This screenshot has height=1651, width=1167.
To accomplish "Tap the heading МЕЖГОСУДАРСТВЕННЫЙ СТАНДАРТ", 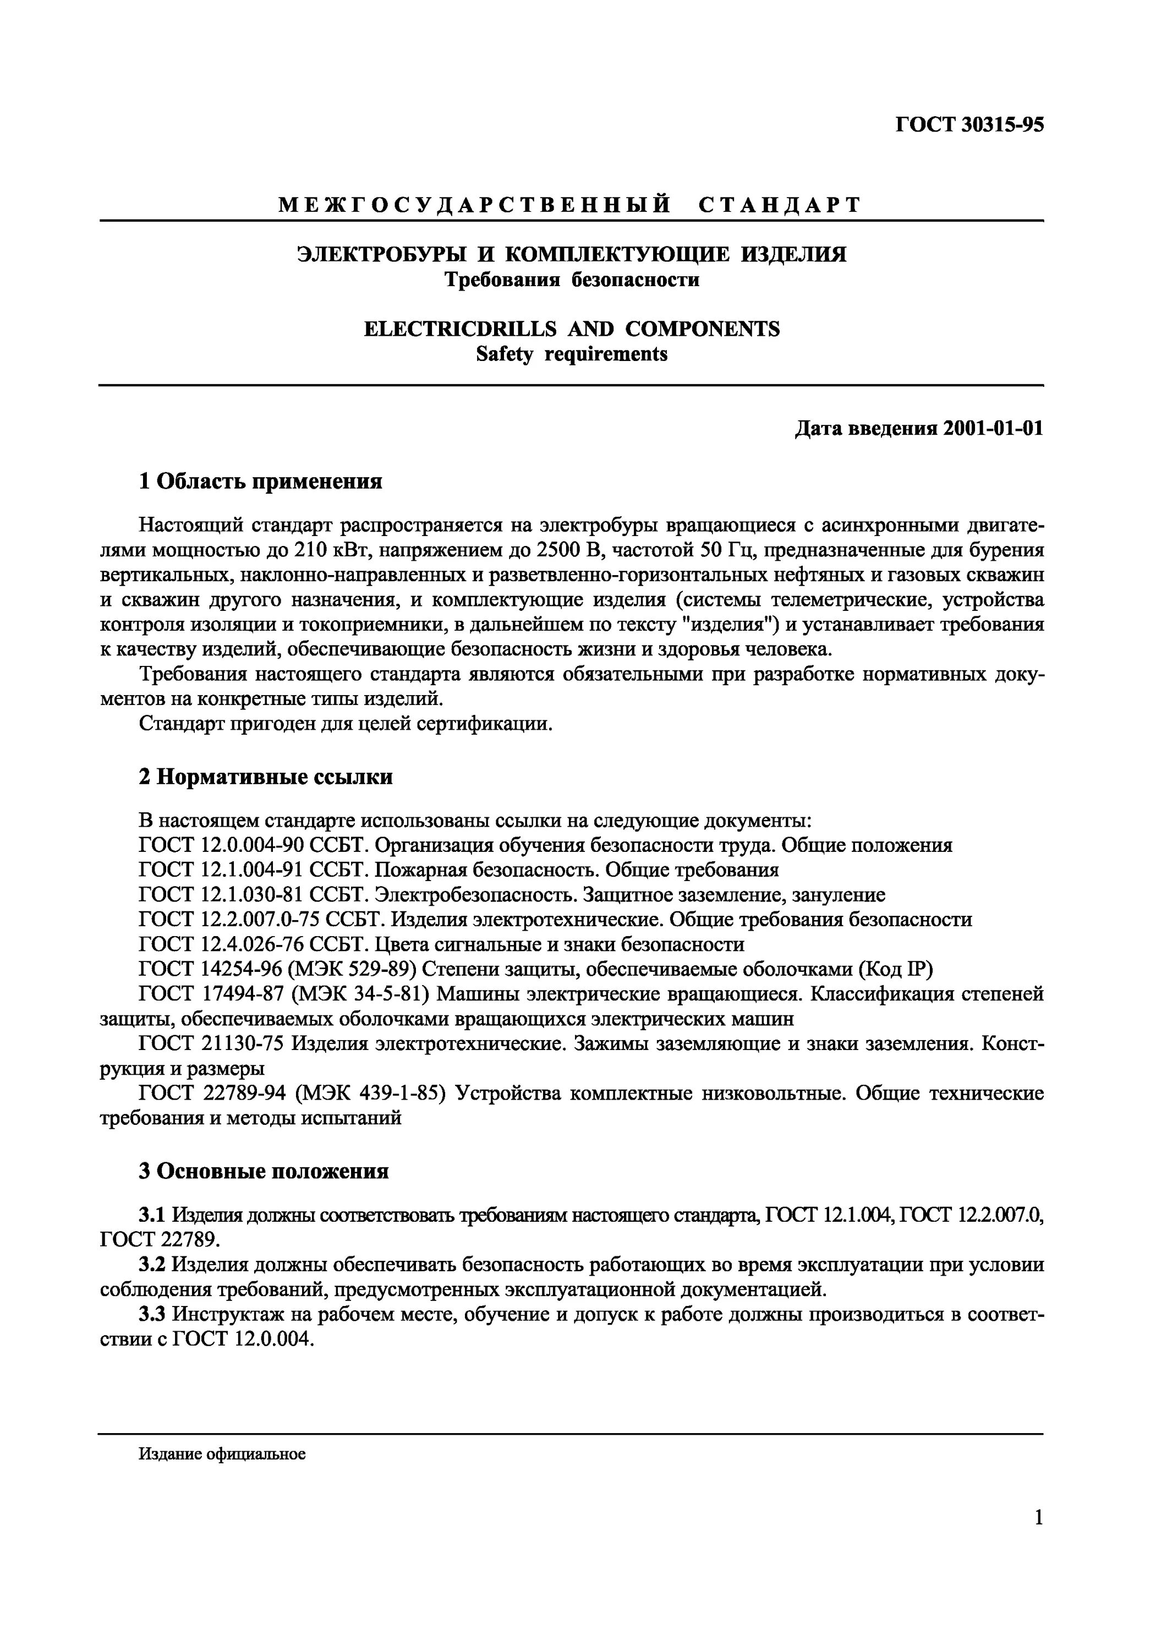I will click(x=570, y=206).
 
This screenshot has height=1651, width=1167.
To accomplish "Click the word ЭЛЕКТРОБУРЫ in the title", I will click(x=378, y=255).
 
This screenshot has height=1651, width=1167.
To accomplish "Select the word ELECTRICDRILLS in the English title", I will click(x=460, y=329).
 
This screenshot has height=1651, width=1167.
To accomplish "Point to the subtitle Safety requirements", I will click(x=572, y=354).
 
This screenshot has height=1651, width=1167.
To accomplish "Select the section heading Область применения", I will click(x=269, y=481).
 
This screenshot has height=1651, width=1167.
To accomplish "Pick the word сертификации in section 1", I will click(x=493, y=723).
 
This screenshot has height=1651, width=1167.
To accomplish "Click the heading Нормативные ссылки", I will click(x=274, y=777).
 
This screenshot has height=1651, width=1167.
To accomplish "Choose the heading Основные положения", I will click(x=272, y=1171).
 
